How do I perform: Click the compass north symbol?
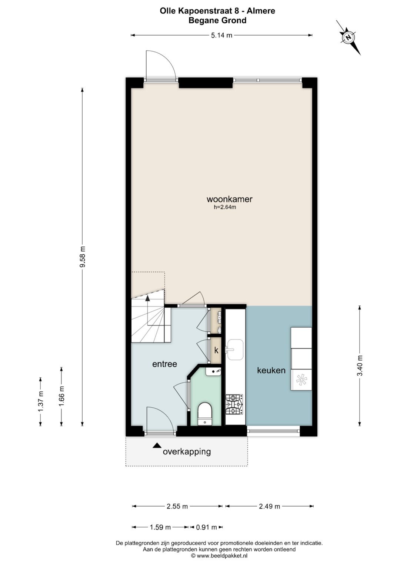(x=349, y=38)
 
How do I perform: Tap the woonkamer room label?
(x=229, y=199)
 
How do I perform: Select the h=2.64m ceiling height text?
(x=225, y=207)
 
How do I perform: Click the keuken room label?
(x=271, y=370)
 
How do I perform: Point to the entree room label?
(x=164, y=364)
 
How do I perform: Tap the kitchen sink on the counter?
(x=235, y=350)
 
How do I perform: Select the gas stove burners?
(x=234, y=404)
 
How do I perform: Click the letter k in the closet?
(x=216, y=350)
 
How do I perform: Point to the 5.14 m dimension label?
(x=221, y=35)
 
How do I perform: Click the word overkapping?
(x=187, y=451)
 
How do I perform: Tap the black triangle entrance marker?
(x=157, y=446)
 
